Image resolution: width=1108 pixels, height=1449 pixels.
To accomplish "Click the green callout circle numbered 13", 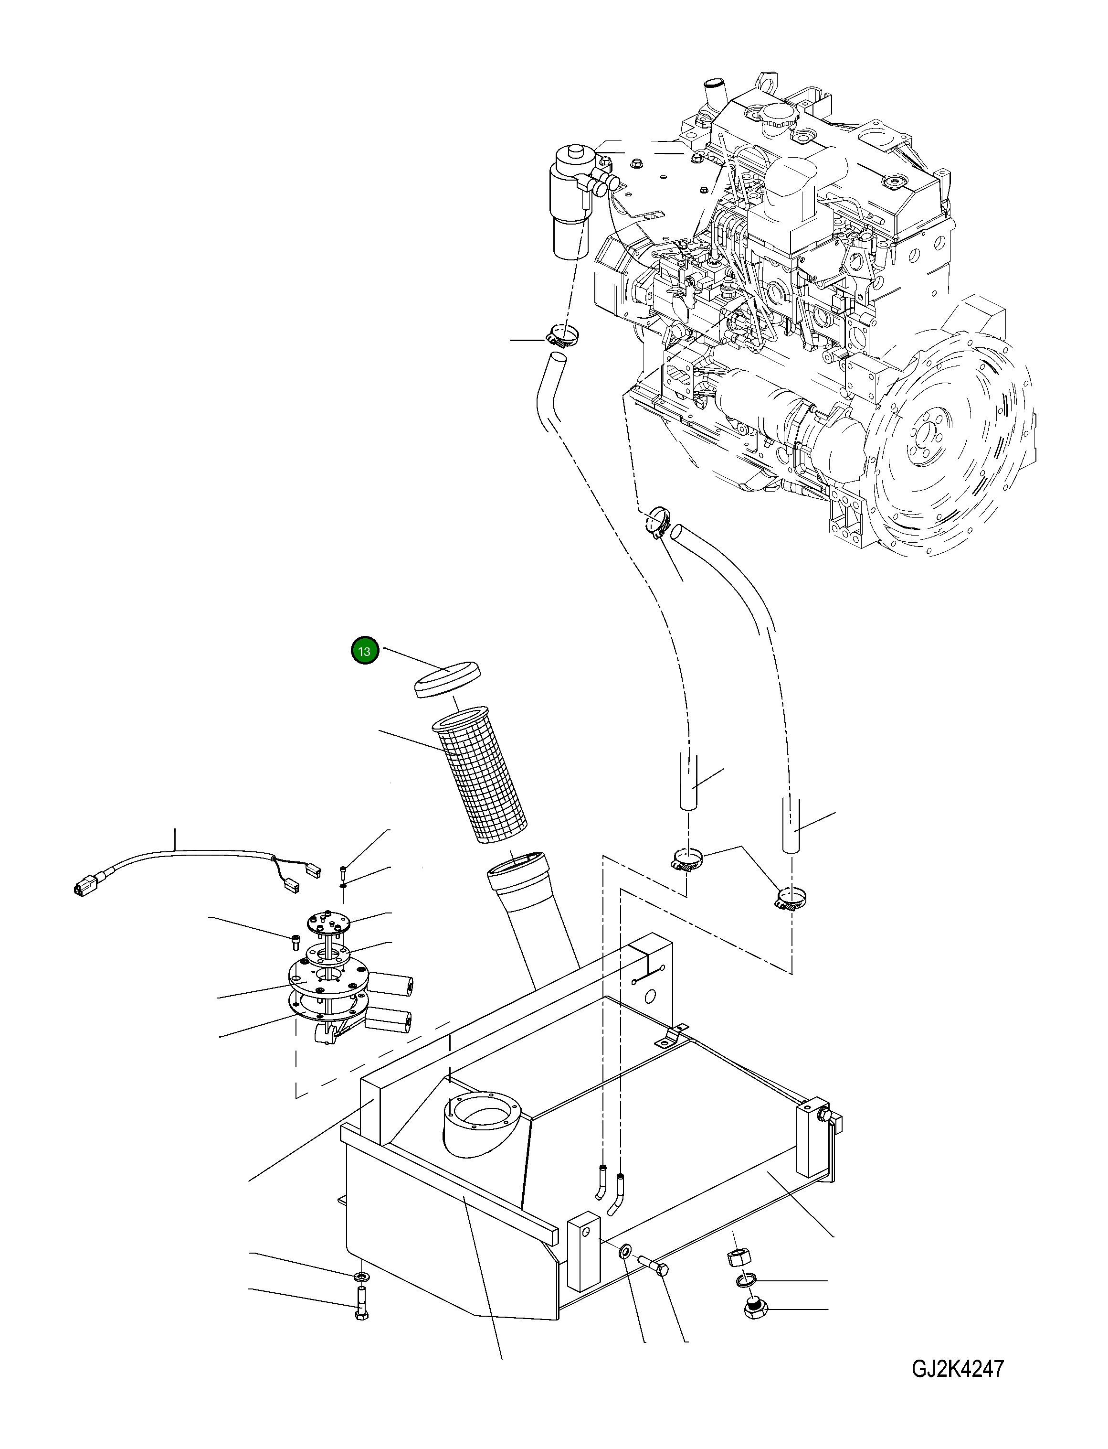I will click(x=364, y=651).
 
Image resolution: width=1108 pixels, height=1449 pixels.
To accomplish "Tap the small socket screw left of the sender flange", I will click(x=295, y=940).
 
